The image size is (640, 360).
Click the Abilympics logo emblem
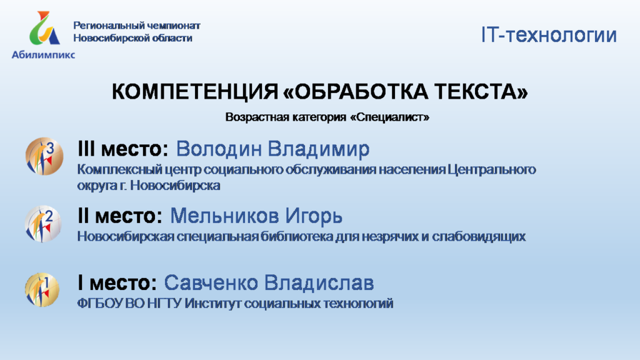(44, 27)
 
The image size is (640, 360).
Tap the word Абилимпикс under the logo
(43, 55)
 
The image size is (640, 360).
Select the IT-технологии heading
(549, 35)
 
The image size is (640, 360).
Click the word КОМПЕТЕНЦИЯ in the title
(195, 91)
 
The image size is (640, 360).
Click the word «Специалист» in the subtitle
(390, 117)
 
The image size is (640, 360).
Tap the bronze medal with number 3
(44, 156)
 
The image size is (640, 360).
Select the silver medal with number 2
(43, 224)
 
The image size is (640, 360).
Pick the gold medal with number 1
(42, 290)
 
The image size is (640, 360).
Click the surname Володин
(219, 149)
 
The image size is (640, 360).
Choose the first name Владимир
(319, 149)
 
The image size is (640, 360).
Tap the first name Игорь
(314, 216)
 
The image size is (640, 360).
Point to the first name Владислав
(319, 282)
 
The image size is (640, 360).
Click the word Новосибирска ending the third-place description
(175, 185)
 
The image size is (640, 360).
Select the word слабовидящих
(479, 237)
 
